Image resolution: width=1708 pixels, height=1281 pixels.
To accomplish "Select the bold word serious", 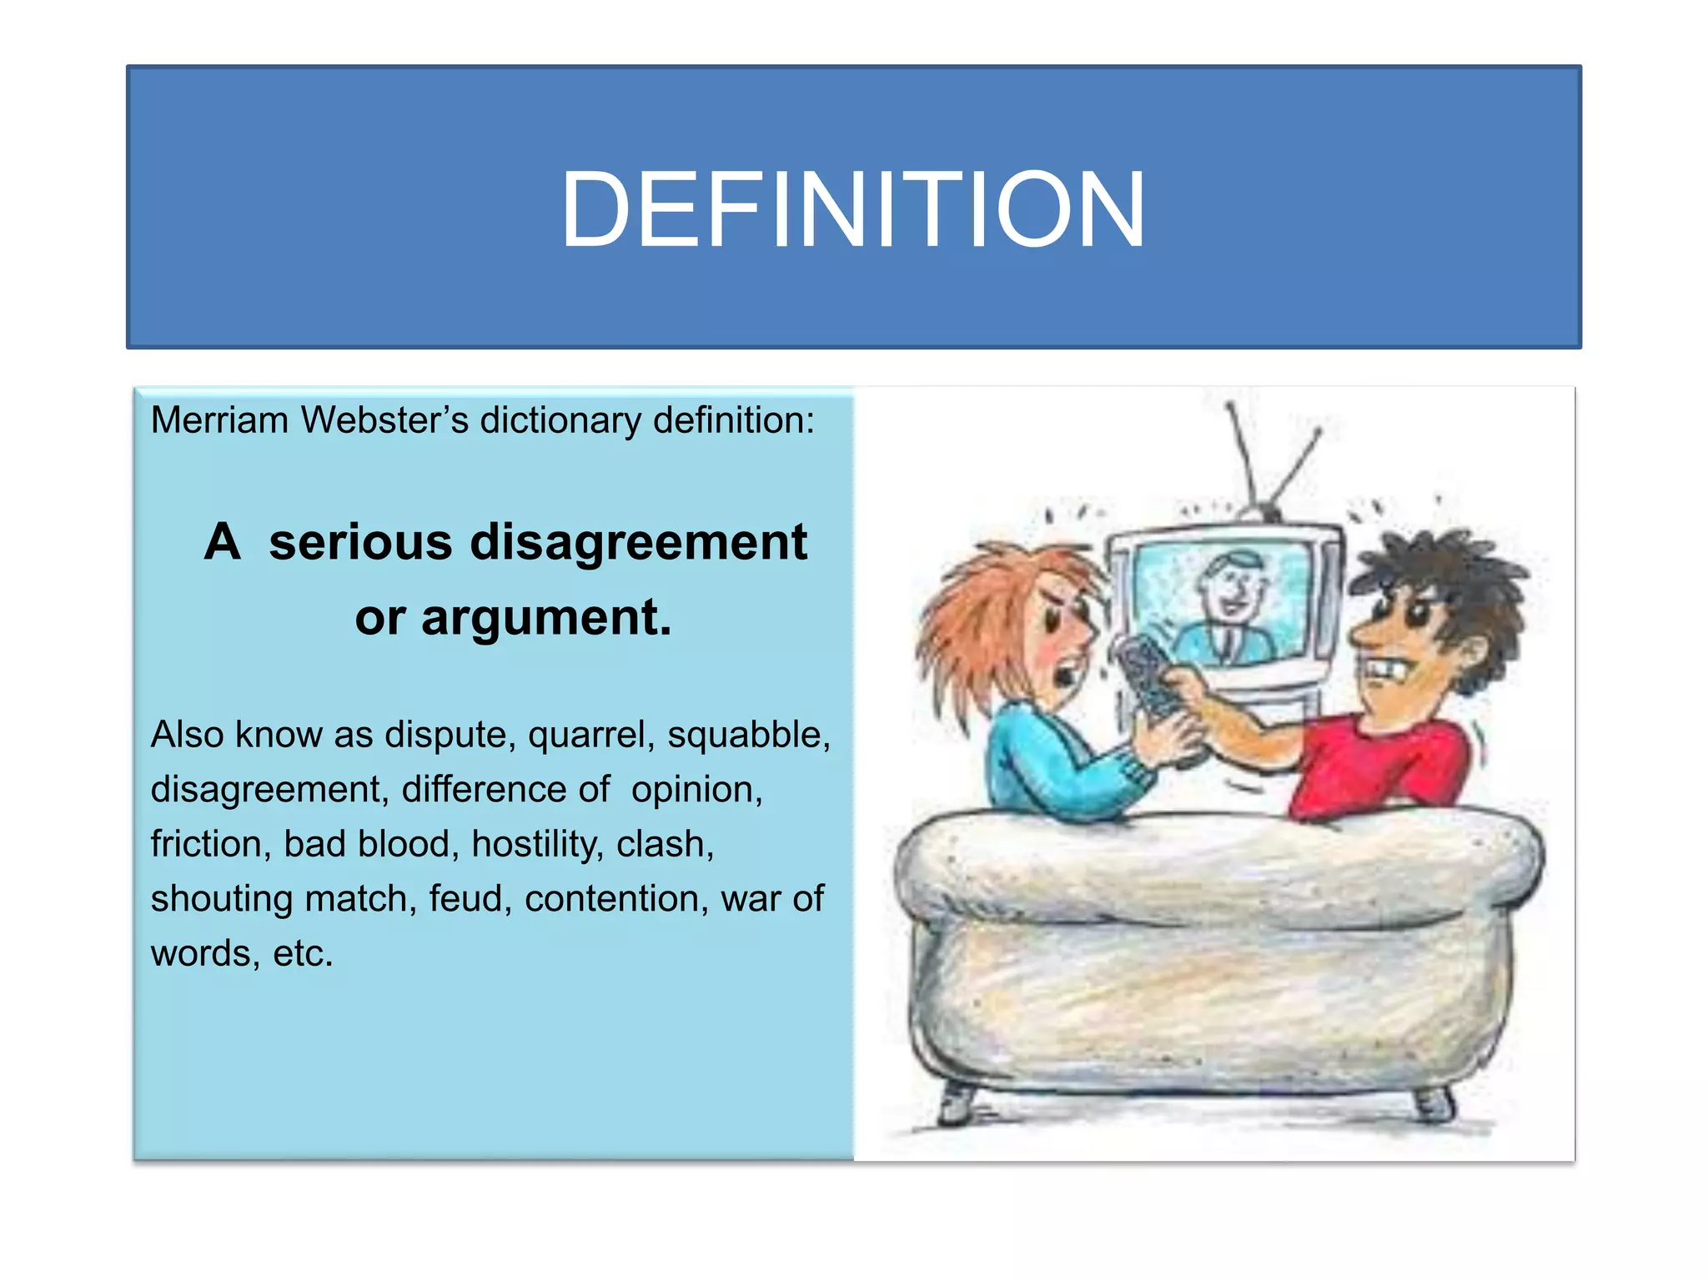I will (x=360, y=542).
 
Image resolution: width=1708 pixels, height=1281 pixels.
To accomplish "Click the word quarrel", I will (x=591, y=736).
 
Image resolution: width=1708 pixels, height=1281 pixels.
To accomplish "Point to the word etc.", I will (x=303, y=953).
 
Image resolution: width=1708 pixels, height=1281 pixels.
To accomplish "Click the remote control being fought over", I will (x=1149, y=676).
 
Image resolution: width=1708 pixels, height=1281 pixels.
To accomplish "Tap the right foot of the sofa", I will (x=1433, y=1105).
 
